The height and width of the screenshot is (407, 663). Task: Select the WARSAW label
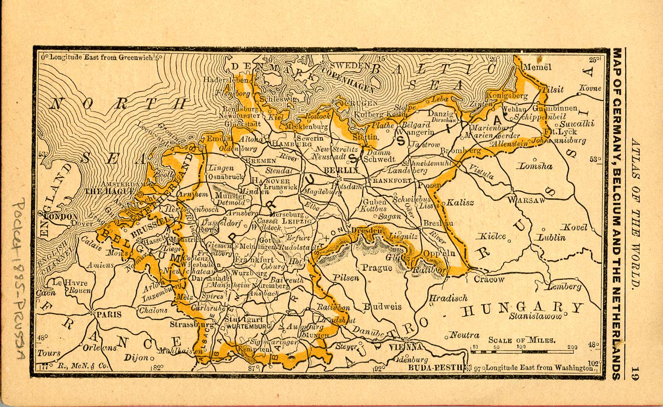click(x=526, y=200)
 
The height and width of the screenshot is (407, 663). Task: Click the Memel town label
click(x=537, y=67)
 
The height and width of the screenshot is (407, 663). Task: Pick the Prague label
click(x=377, y=267)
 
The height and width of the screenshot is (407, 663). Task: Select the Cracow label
click(x=489, y=279)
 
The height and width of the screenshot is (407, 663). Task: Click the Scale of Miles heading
click(x=522, y=340)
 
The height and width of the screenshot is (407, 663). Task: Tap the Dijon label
click(x=136, y=357)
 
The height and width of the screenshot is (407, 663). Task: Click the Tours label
click(x=49, y=353)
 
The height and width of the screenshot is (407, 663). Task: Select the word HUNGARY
click(x=523, y=309)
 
